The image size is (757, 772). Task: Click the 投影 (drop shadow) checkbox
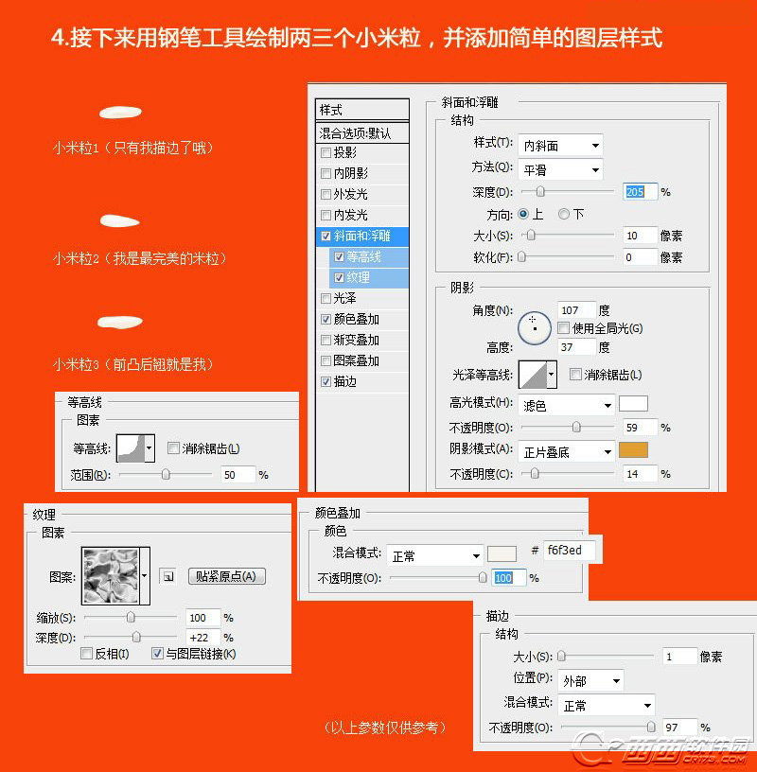326,152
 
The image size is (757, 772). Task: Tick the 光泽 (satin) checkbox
326,298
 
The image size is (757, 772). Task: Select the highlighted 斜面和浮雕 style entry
362,236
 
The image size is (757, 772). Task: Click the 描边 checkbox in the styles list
326,381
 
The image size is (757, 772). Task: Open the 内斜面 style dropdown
560,146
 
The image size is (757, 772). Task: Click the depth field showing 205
640,192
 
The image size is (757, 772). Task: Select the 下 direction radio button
563,214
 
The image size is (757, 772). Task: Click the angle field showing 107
575,310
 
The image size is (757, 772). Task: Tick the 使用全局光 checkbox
563,328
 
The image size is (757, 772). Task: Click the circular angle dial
534,327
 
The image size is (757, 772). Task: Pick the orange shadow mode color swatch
633,450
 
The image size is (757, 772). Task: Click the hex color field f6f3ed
569,550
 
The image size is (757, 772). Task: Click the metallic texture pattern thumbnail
111,576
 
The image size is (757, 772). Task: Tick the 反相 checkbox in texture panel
87,654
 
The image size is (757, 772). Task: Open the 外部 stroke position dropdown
590,681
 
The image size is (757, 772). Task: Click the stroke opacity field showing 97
679,728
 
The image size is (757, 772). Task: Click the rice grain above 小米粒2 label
119,221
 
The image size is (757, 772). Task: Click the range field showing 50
238,475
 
